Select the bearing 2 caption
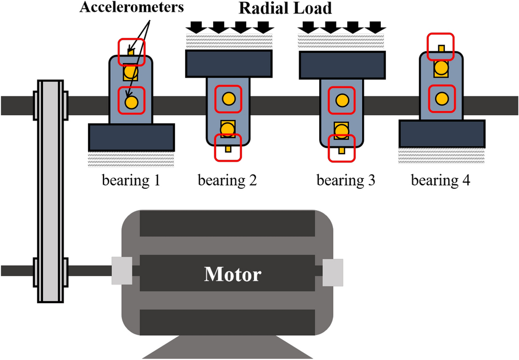(x=227, y=182)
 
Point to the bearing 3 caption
(x=346, y=182)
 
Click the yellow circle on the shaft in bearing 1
(x=131, y=101)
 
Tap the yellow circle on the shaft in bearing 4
(x=441, y=97)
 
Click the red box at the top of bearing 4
(x=441, y=47)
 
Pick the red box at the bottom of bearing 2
(x=228, y=147)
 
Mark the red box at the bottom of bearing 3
(x=342, y=147)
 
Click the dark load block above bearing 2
(x=228, y=64)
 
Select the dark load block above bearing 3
(x=342, y=64)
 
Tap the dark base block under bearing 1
(x=131, y=137)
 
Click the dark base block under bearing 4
(x=442, y=133)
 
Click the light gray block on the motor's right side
(x=333, y=272)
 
